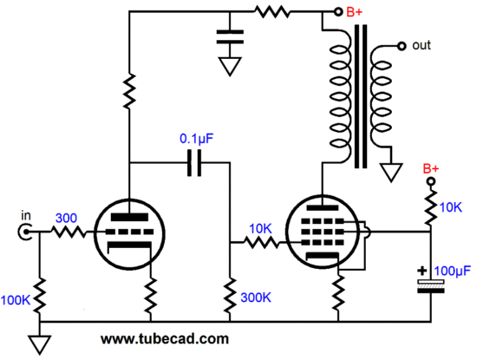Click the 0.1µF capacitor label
pos(197,139)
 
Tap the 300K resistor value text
pos(256,298)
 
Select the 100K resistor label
pos(16,300)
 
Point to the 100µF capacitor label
pos(453,271)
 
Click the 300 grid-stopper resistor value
pos(66,218)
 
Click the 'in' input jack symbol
pos(24,232)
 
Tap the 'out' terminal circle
pos(402,46)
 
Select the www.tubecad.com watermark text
pos(165,339)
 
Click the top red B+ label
pos(355,12)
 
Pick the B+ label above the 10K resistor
pos(431,168)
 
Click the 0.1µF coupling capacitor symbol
pos(194,163)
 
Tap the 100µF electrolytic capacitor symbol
pos(431,286)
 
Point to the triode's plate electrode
pos(129,217)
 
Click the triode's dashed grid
pos(129,232)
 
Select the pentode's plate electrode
pos(323,208)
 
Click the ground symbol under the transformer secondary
pos(391,173)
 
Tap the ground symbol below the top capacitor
pos(230,67)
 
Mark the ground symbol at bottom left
pos(40,345)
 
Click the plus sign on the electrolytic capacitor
pos(422,271)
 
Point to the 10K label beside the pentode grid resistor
pos(260,229)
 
